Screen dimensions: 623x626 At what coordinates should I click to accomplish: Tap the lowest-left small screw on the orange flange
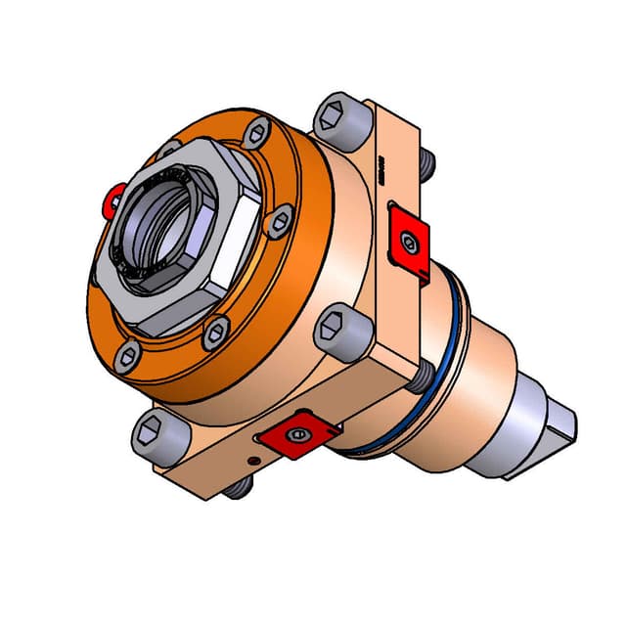(127, 358)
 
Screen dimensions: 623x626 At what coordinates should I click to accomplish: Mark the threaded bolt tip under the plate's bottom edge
(235, 489)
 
